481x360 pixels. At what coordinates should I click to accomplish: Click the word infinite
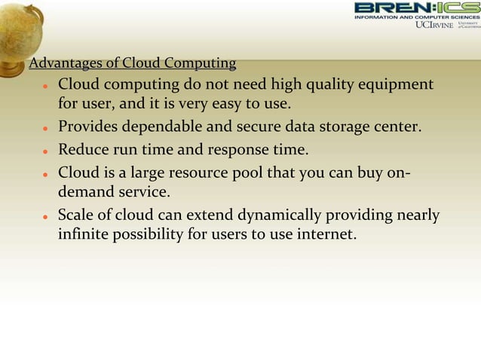click(x=83, y=235)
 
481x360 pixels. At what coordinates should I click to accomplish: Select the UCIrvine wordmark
click(x=435, y=25)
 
